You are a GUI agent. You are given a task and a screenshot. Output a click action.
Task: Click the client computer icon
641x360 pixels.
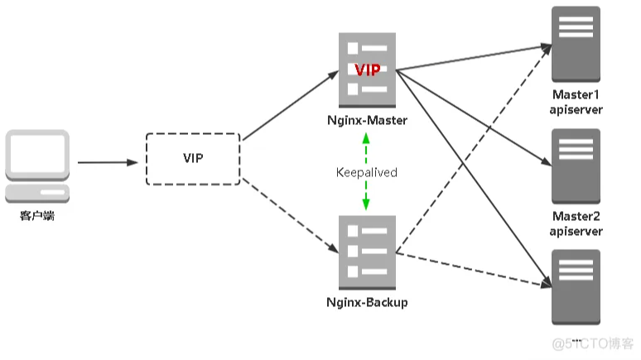pos(36,165)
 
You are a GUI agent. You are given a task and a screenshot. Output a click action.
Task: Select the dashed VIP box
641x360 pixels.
pos(192,158)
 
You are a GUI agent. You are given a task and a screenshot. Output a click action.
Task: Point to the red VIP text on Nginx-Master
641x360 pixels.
pos(367,71)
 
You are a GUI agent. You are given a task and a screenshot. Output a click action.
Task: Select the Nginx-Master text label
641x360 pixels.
pos(367,122)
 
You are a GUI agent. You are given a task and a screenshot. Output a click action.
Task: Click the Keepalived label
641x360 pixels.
pos(367,172)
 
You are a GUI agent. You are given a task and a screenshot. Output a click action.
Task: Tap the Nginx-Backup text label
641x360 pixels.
pos(367,303)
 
